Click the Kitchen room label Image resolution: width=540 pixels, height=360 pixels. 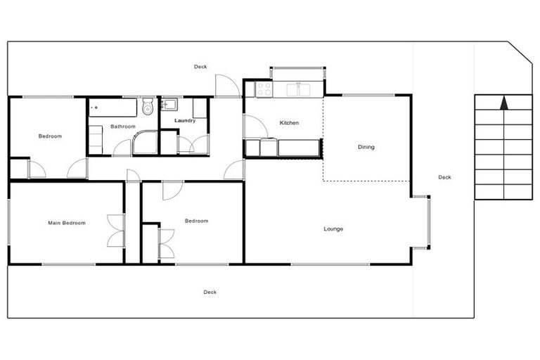click(289, 123)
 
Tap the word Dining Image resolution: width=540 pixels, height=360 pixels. click(366, 147)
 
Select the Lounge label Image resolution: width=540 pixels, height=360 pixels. click(333, 229)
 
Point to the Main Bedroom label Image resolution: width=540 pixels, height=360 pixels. click(67, 223)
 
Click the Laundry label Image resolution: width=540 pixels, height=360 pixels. click(185, 121)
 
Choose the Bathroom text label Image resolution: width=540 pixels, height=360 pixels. click(122, 127)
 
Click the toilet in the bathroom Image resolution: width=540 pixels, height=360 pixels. click(148, 107)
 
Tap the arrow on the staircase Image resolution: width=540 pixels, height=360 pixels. click(503, 103)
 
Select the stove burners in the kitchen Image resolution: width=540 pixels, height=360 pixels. click(264, 89)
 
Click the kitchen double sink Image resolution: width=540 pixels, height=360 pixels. click(304, 89)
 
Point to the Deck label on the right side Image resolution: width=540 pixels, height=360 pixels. click(444, 177)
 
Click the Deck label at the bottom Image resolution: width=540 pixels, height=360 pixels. click(210, 292)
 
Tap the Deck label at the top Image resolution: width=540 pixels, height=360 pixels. click(200, 67)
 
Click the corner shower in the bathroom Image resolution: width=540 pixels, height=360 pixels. click(145, 141)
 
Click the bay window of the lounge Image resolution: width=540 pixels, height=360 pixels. click(421, 221)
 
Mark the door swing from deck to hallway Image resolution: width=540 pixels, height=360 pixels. click(226, 86)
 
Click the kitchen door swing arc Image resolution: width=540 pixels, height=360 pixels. click(255, 127)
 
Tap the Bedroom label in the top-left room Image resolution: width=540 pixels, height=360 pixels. click(50, 136)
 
